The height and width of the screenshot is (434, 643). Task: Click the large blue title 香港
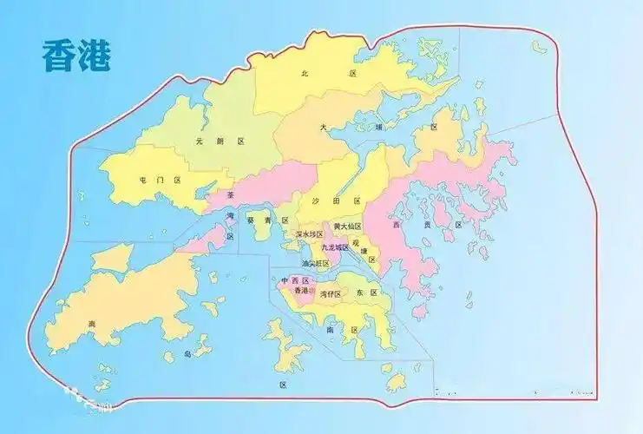click(75, 55)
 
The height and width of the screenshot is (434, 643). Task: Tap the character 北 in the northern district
click(305, 75)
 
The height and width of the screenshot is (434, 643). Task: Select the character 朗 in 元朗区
click(220, 141)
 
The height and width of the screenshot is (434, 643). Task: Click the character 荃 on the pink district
click(230, 197)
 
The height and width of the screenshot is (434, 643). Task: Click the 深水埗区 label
click(309, 234)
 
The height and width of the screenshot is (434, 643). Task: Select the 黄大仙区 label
click(347, 227)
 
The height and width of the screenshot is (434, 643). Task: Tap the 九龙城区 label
click(335, 247)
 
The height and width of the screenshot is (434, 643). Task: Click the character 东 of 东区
click(360, 293)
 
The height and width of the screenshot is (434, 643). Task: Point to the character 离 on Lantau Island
click(91, 325)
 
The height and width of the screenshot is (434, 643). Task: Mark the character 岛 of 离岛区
click(186, 354)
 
